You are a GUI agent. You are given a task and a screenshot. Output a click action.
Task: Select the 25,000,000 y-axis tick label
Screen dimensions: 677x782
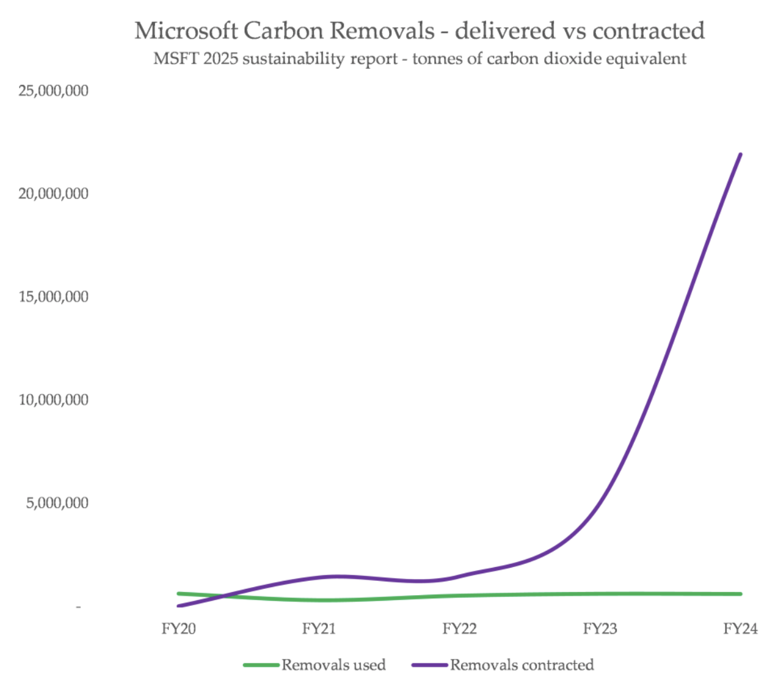click(54, 91)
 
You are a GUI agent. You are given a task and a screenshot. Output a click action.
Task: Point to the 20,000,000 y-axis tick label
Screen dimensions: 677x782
click(54, 194)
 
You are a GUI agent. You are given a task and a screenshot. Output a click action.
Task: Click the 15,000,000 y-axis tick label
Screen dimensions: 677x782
click(54, 297)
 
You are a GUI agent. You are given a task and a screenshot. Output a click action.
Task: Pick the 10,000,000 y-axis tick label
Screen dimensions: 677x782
click(54, 400)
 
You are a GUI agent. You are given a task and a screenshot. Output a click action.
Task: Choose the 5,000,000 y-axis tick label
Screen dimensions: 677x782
click(57, 503)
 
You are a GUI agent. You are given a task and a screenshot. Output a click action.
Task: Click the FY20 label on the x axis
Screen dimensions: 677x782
click(179, 628)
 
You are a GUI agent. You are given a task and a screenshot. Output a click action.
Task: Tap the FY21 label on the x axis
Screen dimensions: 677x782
click(319, 628)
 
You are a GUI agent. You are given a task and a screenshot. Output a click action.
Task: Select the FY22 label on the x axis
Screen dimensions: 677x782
click(460, 628)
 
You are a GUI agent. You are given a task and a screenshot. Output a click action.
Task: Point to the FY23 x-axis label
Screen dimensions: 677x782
click(600, 628)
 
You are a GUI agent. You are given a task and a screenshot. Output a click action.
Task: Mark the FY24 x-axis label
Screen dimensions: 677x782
click(741, 628)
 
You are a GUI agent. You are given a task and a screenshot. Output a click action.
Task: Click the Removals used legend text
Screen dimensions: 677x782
click(334, 665)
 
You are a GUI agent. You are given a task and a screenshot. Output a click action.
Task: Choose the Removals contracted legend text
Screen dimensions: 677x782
click(522, 665)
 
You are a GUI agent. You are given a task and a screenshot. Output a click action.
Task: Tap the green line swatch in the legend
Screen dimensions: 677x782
click(261, 665)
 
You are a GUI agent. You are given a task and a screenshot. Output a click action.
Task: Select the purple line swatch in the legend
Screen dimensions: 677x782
click(430, 665)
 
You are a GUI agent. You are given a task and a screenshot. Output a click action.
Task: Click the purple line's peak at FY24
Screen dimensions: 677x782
click(740, 154)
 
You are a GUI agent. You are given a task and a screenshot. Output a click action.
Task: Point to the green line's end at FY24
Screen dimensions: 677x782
click(740, 593)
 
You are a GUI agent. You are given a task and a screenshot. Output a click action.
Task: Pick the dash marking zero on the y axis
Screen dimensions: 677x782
click(79, 606)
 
